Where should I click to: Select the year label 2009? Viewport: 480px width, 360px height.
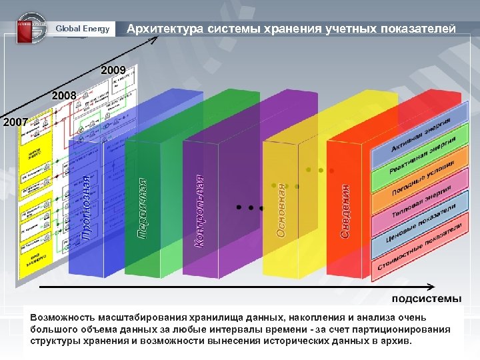coord(113,69)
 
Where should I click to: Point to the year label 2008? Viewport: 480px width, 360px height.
coord(64,95)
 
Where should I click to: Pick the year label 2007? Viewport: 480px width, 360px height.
coord(15,123)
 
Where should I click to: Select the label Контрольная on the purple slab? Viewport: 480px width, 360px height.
coord(199,212)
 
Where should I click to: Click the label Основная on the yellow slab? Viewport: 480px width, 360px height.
coord(282,210)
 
